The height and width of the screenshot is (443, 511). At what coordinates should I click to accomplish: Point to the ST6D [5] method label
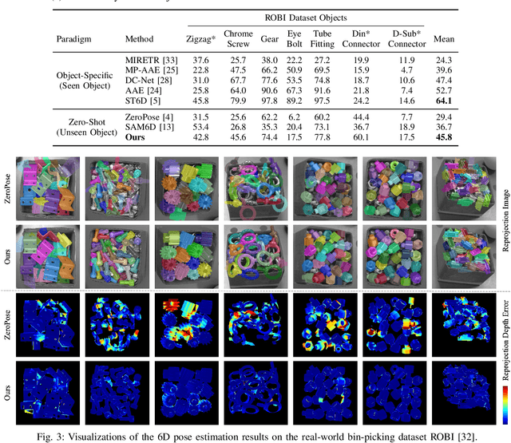(x=141, y=101)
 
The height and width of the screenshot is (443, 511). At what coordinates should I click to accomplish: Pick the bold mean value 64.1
(x=443, y=101)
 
